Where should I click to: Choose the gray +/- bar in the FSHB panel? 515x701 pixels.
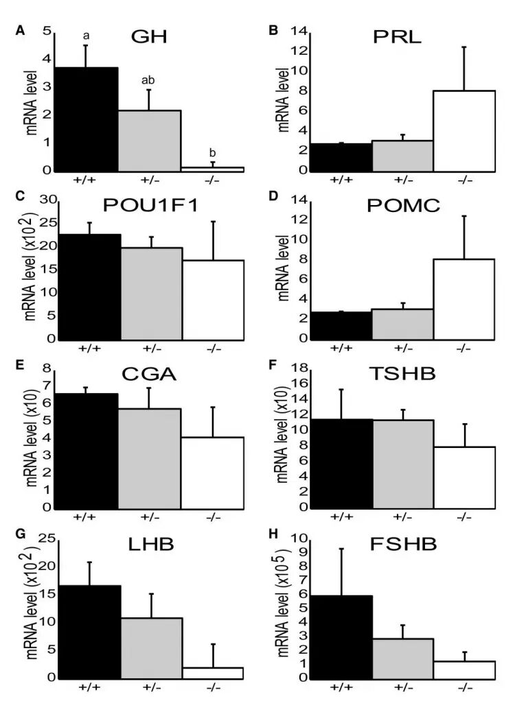click(403, 658)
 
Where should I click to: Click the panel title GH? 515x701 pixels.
click(151, 36)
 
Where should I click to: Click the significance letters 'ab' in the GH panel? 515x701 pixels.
click(148, 80)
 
